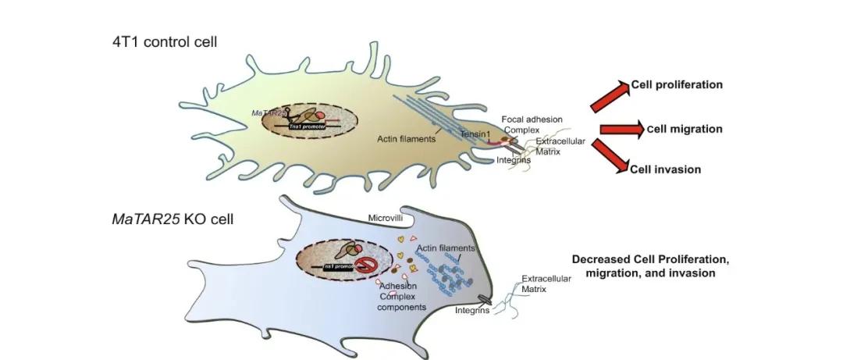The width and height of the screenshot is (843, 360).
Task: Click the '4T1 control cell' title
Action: (164, 41)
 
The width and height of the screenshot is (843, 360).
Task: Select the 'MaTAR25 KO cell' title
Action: (172, 219)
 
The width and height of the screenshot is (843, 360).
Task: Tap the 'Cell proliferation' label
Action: (677, 84)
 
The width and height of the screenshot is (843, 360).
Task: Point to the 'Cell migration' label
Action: (685, 129)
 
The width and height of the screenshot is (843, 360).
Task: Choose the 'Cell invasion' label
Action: (666, 169)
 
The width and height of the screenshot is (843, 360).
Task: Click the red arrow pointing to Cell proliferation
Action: (609, 94)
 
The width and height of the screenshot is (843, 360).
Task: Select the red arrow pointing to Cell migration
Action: (621, 130)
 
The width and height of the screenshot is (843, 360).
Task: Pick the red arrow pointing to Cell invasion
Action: (610, 155)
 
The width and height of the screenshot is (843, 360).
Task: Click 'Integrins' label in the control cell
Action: (514, 160)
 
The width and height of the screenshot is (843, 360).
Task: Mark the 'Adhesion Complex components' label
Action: (401, 297)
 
